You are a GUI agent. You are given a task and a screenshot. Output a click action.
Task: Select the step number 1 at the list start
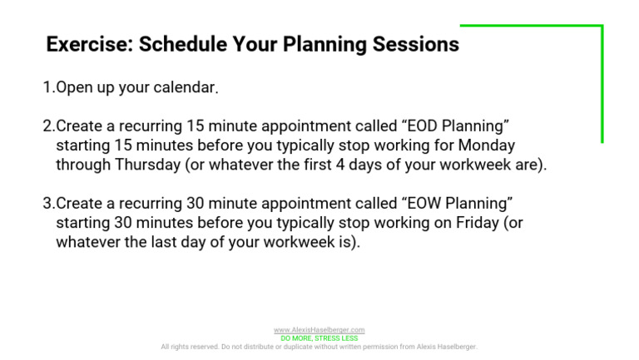point(47,87)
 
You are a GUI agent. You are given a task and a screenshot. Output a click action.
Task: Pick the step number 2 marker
point(47,126)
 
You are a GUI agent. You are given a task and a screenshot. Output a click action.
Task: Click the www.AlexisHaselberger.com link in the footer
point(319,330)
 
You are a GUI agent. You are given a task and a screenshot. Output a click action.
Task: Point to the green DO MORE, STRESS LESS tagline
point(319,338)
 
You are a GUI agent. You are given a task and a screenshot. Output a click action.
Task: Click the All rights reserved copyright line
point(319,347)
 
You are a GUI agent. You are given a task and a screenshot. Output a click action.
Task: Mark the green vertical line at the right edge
point(602,83)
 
